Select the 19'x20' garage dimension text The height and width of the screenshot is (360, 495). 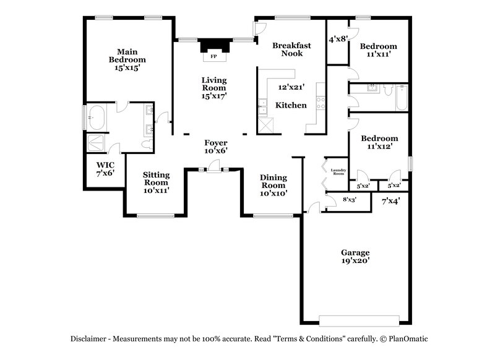pos(355,261)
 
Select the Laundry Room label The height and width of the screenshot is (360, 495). pos(338,173)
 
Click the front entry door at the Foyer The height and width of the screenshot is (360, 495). pos(214,168)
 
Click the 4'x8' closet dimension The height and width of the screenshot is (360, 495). pos(338,39)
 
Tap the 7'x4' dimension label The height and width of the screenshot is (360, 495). pos(390,201)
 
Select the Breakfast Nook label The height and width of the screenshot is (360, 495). pos(291,49)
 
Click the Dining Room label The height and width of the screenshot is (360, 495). pos(273,181)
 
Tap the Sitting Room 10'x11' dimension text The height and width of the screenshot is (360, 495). pos(156,191)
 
